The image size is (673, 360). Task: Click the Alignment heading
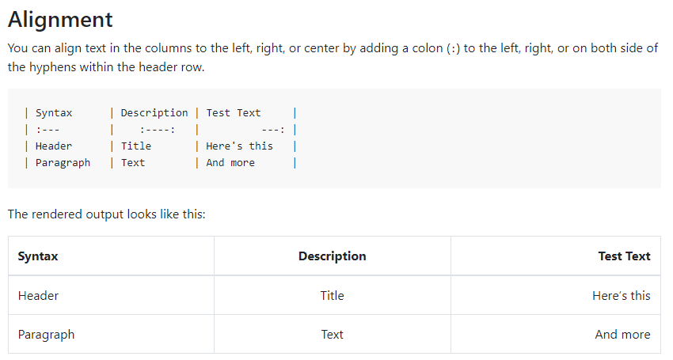pyautogui.click(x=60, y=19)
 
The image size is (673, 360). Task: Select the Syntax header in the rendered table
pyautogui.click(x=38, y=256)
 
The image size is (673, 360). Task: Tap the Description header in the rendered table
pyautogui.click(x=332, y=256)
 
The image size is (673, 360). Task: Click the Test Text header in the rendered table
pyautogui.click(x=624, y=256)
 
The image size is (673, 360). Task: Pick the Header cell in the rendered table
pyautogui.click(x=38, y=295)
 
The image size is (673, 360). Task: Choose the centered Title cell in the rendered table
pyautogui.click(x=332, y=295)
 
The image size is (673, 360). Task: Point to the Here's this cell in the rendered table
pyautogui.click(x=621, y=295)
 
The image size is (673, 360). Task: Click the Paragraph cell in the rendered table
pyautogui.click(x=46, y=334)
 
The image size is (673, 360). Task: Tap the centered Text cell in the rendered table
pyautogui.click(x=332, y=334)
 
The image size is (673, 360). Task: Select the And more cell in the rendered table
pyautogui.click(x=622, y=334)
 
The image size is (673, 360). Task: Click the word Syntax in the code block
pyautogui.click(x=54, y=113)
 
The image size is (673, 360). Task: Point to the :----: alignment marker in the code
pyautogui.click(x=157, y=130)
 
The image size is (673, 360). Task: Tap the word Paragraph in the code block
pyautogui.click(x=63, y=163)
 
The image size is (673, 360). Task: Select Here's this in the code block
pyautogui.click(x=239, y=146)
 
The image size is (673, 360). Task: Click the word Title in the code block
pyautogui.click(x=135, y=146)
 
